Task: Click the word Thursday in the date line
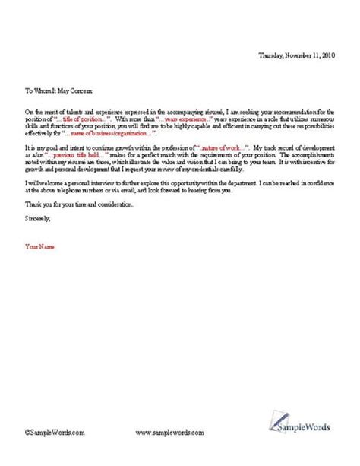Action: coord(270,56)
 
